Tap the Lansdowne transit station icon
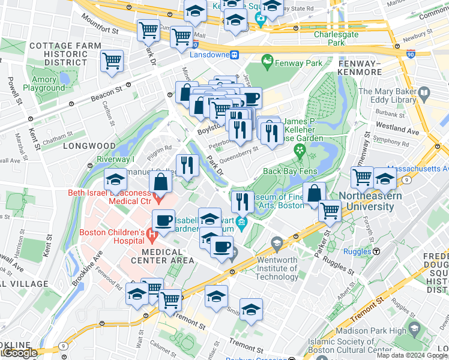pos(236,55)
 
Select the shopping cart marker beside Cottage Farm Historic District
pos(112,61)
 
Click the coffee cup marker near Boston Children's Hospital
pos(163,220)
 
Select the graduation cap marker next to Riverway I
pos(115,180)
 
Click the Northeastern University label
pos(366,202)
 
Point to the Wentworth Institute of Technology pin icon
pos(277,244)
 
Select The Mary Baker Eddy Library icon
pos(424,93)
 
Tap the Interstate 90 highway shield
pos(410,53)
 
